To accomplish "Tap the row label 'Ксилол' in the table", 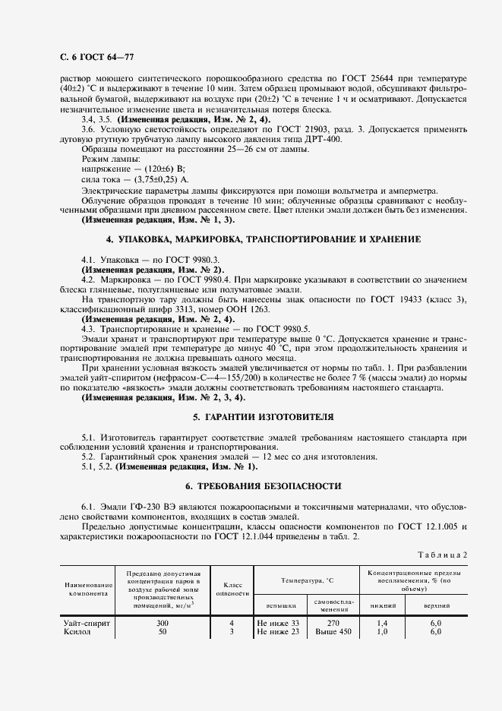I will tap(77, 631).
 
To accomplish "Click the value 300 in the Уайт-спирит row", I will tap(162, 623).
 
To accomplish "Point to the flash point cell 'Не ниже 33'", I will tap(279, 623).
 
